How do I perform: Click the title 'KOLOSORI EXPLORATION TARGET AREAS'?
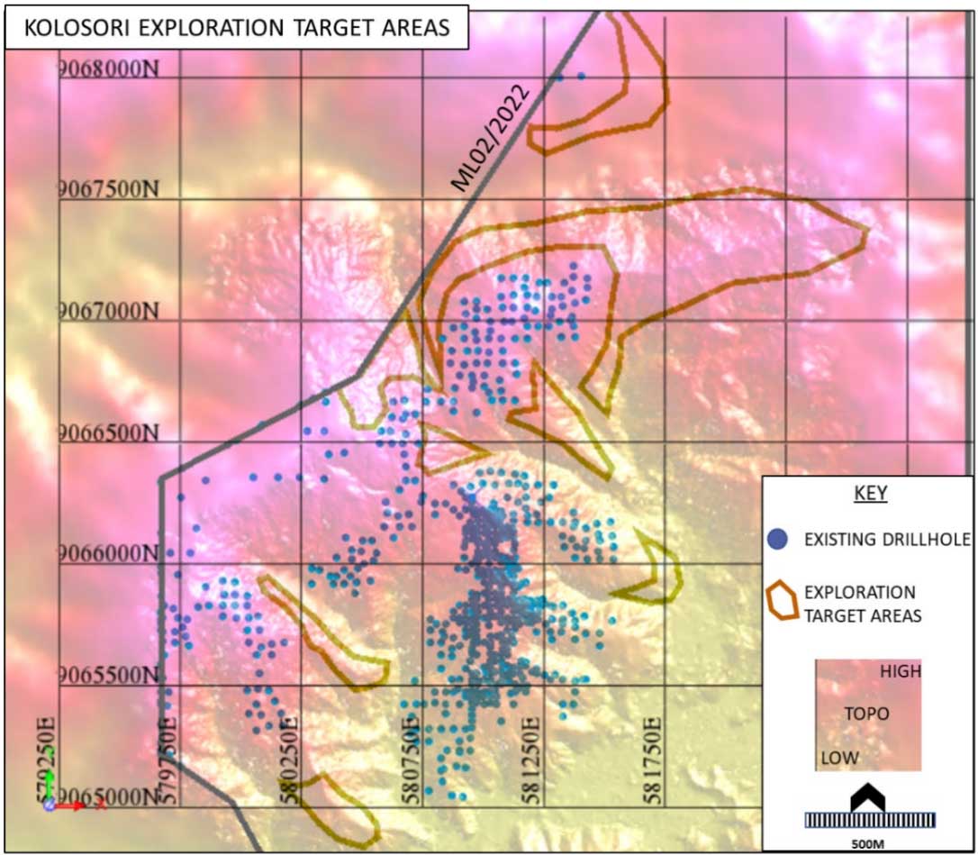point(237,27)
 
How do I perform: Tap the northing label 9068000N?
point(107,68)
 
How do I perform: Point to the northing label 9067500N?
point(107,190)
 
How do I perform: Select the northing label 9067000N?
point(107,312)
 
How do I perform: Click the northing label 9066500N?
point(107,433)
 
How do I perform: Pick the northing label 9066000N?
point(107,555)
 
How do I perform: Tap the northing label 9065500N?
point(107,677)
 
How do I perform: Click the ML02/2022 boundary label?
point(491,144)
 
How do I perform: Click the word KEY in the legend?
point(870,495)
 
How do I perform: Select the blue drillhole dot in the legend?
point(780,539)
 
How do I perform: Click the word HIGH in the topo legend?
point(901,671)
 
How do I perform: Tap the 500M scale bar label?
point(870,844)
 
